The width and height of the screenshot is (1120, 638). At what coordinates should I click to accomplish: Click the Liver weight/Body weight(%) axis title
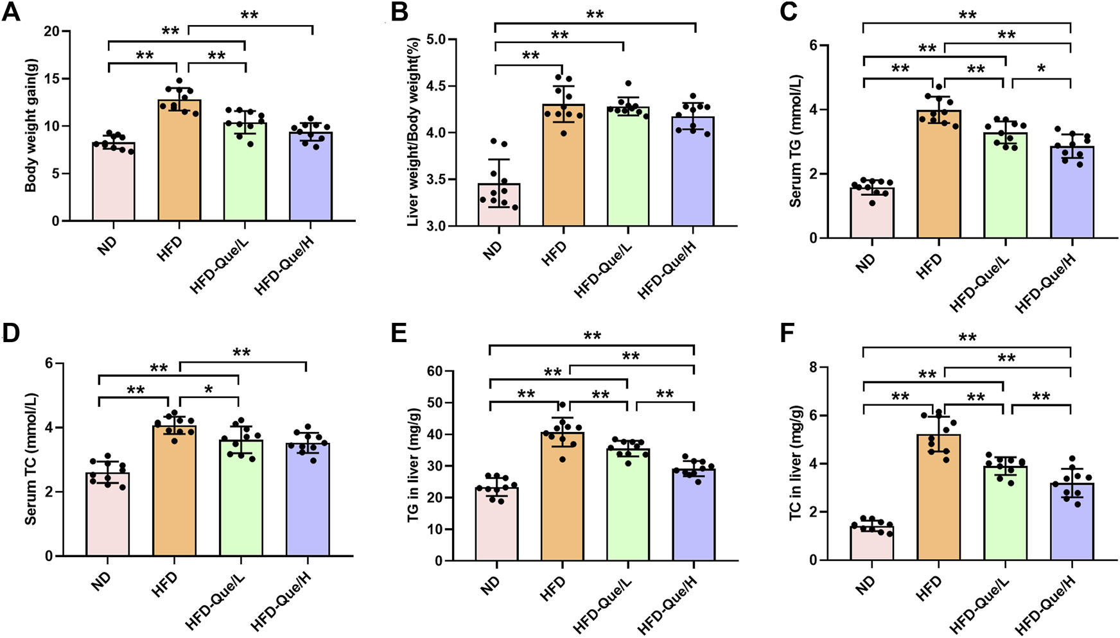click(x=413, y=132)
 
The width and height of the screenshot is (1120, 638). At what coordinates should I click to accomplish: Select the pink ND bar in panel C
click(x=871, y=212)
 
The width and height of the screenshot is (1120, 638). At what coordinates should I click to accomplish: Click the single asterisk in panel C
click(x=1041, y=68)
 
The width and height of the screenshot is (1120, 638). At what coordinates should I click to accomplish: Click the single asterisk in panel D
click(x=208, y=390)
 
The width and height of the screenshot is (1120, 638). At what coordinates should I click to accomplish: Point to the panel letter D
click(x=11, y=334)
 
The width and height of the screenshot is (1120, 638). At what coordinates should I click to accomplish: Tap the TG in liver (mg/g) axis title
click(x=413, y=465)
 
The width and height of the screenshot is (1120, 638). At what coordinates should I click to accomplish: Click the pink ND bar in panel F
click(x=871, y=543)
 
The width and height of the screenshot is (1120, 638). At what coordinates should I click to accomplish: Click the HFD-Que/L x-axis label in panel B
click(x=602, y=271)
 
